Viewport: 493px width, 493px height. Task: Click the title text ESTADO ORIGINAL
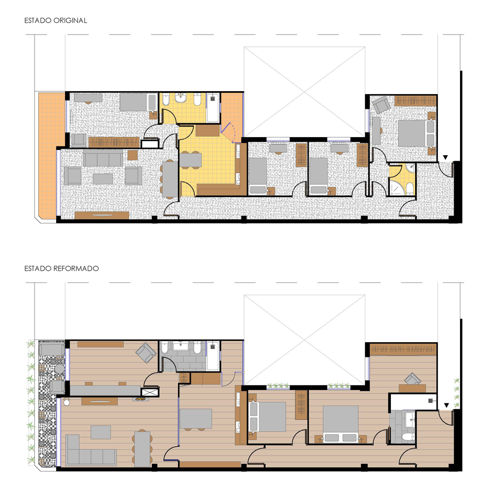point(56,20)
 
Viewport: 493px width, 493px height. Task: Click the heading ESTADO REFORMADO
point(62,269)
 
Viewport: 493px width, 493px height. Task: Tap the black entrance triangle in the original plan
point(445,157)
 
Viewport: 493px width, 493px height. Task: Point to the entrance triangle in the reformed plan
point(446,405)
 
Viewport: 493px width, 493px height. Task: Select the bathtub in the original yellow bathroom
point(213,108)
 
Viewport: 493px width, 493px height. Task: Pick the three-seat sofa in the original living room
point(103,158)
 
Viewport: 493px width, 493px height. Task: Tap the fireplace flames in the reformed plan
point(141,399)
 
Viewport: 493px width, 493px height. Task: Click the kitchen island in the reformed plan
point(196,419)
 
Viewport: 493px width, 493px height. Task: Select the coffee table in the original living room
point(103,179)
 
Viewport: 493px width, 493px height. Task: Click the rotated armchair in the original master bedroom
point(381,105)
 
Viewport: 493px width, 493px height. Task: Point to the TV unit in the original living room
point(102,215)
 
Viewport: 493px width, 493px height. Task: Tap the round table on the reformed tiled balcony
point(60,368)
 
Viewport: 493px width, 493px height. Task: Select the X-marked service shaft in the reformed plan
point(150,392)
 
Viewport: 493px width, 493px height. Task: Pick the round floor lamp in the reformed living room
point(67,402)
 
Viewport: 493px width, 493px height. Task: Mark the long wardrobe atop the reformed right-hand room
point(403,349)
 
